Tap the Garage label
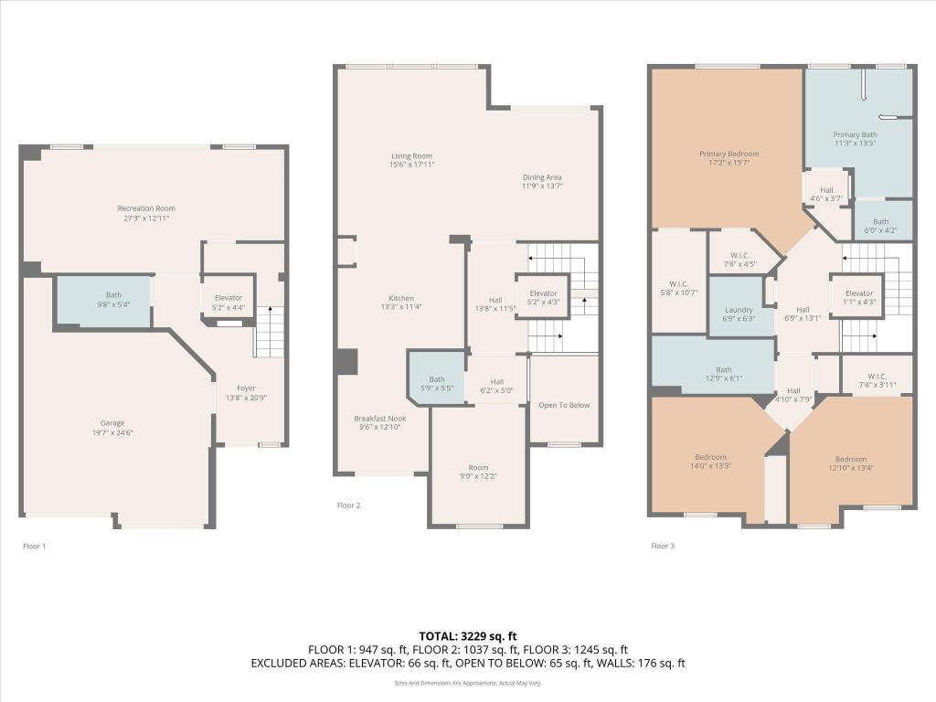pos(112,428)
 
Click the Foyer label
pos(247,392)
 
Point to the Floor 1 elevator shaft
pos(228,303)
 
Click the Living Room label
pos(411,160)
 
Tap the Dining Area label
pos(541,182)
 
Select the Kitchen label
pos(401,303)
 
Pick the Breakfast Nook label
pos(378,422)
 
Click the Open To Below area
pos(564,405)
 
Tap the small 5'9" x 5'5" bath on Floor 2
pos(437,384)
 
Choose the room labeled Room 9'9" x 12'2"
pos(478,472)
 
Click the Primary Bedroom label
pos(729,159)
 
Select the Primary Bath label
pos(855,139)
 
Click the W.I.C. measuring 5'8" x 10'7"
pos(677,287)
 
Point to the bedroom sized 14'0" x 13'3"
pos(710,462)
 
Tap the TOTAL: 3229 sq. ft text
pos(467,635)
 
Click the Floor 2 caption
pos(349,505)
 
